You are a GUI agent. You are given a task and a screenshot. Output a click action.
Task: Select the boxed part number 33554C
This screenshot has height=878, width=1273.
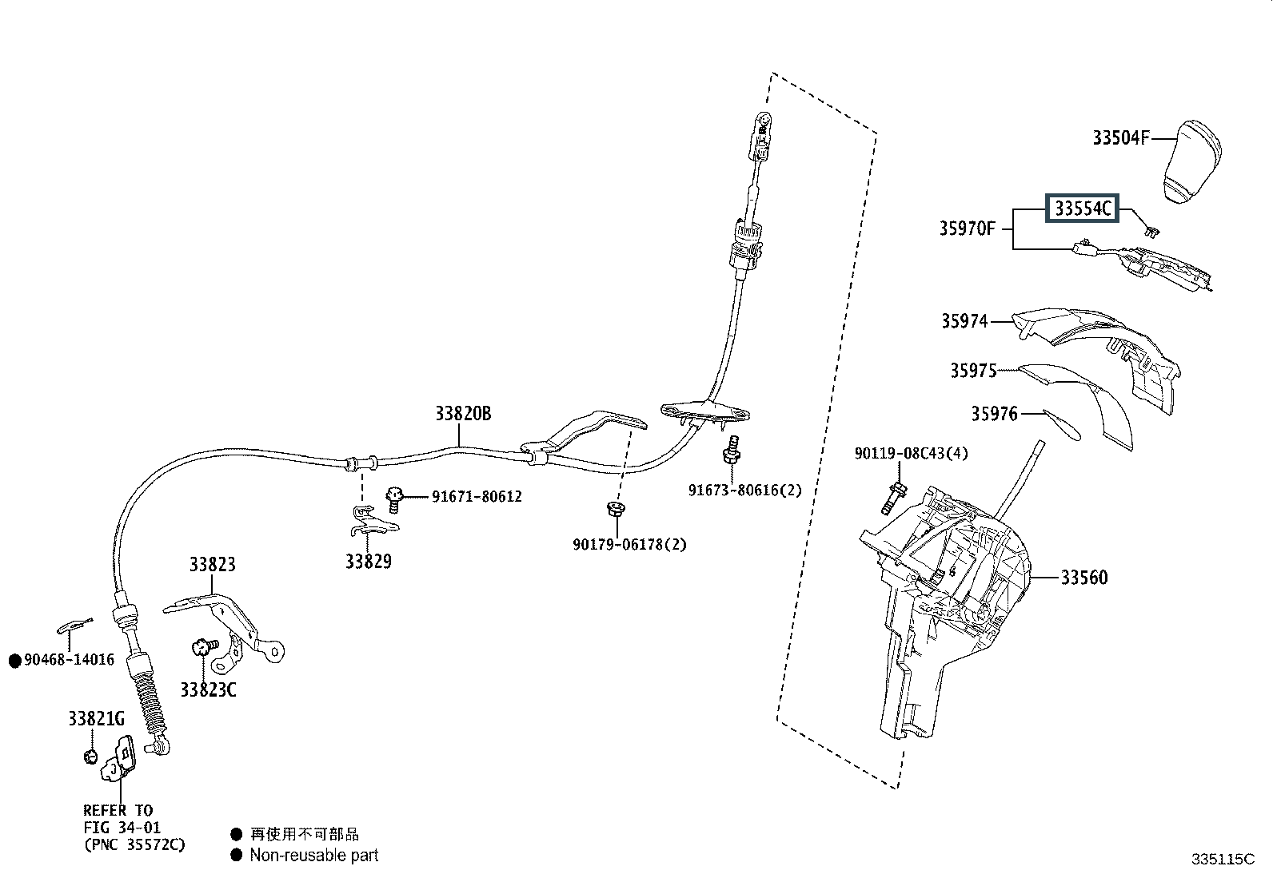pyautogui.click(x=1082, y=209)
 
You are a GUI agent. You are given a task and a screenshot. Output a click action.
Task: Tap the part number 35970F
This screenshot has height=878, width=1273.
pyautogui.click(x=968, y=228)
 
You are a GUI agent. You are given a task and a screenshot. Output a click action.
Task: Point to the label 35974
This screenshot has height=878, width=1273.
pyautogui.click(x=964, y=321)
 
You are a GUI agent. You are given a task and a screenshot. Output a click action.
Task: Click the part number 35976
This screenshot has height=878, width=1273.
pyautogui.click(x=994, y=414)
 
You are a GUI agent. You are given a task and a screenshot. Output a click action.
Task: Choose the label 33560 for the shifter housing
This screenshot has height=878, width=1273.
pyautogui.click(x=1084, y=578)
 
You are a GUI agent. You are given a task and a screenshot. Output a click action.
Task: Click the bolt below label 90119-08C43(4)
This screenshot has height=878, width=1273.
pyautogui.click(x=893, y=497)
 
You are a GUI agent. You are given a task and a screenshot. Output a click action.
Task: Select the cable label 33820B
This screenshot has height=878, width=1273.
pyautogui.click(x=463, y=414)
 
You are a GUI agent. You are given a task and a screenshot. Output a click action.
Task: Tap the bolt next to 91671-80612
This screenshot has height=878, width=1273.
pyautogui.click(x=394, y=500)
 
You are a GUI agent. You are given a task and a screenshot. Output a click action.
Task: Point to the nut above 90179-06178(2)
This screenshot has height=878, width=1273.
pyautogui.click(x=616, y=508)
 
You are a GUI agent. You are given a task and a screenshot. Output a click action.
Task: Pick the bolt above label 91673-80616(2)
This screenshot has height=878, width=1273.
pyautogui.click(x=732, y=450)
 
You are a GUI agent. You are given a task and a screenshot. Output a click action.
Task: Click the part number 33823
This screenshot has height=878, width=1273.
pyautogui.click(x=212, y=565)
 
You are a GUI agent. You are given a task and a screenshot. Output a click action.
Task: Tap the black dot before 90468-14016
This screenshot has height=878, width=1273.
pyautogui.click(x=15, y=661)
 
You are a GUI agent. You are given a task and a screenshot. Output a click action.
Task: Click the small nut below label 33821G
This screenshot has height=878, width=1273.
pyautogui.click(x=90, y=757)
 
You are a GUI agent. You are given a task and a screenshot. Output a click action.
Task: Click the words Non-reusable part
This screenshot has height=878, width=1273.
pyautogui.click(x=314, y=856)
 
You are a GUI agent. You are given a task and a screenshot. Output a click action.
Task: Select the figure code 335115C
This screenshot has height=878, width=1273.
pyautogui.click(x=1223, y=859)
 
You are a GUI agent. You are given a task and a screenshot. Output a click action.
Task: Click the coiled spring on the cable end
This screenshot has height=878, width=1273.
pyautogui.click(x=151, y=704)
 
